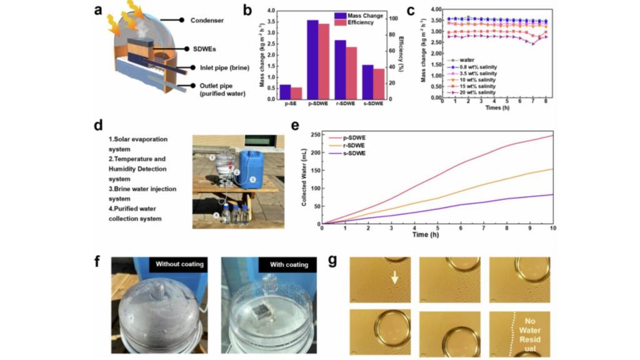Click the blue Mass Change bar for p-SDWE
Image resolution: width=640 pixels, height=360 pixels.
click(x=312, y=59)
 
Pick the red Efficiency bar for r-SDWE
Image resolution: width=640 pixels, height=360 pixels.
click(x=351, y=72)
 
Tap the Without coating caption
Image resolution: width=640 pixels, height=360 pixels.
click(x=180, y=264)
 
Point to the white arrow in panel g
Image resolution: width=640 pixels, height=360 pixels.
click(x=394, y=277)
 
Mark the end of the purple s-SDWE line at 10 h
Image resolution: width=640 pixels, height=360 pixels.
click(x=553, y=194)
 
